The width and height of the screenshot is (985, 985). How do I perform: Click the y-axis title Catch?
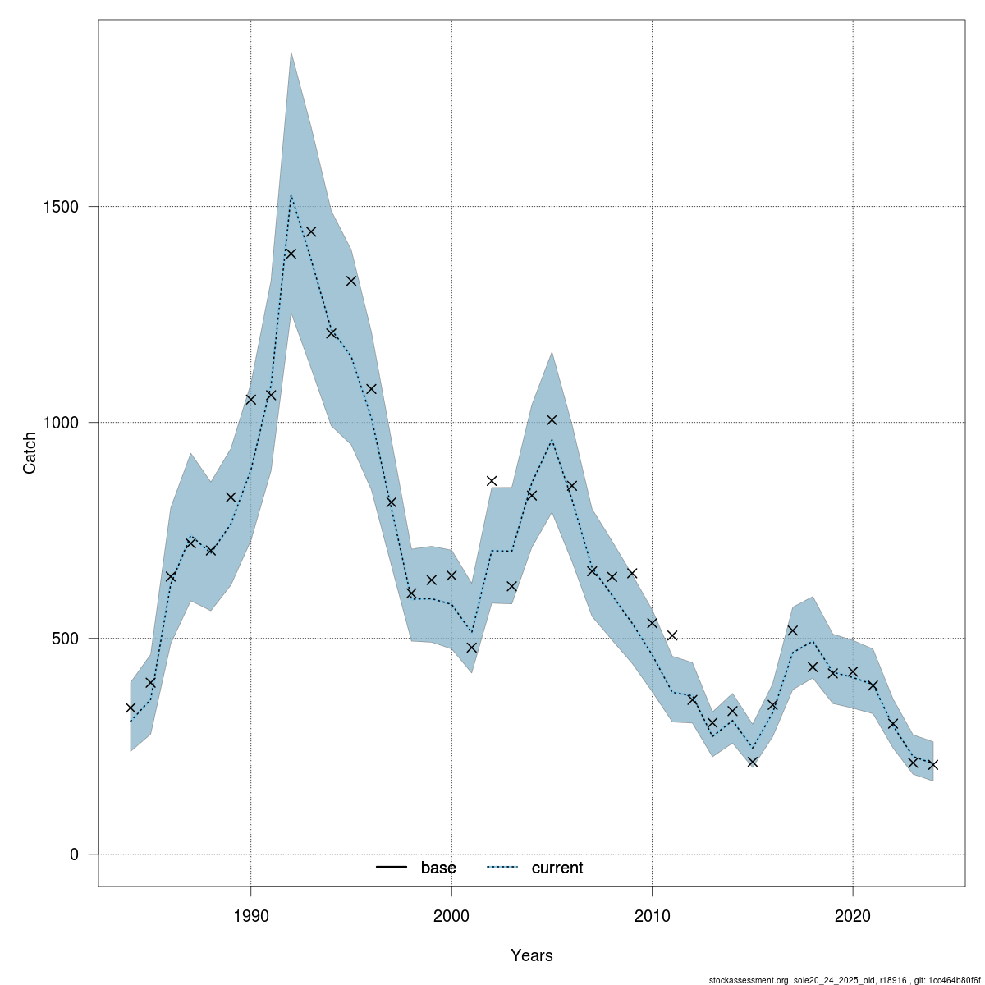[x=30, y=452]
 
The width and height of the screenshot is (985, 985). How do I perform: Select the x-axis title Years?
[x=532, y=955]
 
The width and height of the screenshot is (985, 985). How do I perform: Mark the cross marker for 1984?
[x=131, y=708]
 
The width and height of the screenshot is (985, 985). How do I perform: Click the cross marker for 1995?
[x=351, y=281]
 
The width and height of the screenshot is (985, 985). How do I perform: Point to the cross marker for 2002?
[x=492, y=481]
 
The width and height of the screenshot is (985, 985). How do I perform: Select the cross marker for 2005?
[x=552, y=419]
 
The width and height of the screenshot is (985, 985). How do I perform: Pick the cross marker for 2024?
[x=933, y=765]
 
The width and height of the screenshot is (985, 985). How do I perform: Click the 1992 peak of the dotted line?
[x=291, y=195]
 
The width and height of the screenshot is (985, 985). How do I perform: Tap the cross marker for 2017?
[x=793, y=630]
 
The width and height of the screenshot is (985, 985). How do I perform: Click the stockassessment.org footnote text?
[x=844, y=979]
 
